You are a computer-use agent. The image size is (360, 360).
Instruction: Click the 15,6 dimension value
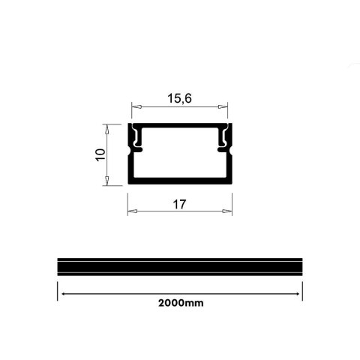pos(179,97)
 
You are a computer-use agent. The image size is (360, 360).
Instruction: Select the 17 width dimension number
pos(179,203)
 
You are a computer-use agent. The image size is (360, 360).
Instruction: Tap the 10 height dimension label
pos(100,154)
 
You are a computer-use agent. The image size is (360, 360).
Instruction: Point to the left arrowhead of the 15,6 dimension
pos(136,107)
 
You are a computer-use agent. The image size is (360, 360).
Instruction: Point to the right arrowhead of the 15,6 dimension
pos(223,107)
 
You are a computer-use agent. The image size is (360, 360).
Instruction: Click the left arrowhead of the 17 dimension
pos(131,211)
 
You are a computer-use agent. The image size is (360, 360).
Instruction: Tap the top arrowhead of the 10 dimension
pos(107,128)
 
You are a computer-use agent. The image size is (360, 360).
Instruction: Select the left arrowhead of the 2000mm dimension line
pos(63,293)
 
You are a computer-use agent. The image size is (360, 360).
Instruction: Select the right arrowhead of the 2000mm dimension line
pos(298,293)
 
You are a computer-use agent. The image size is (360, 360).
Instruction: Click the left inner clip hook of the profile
pos(138,141)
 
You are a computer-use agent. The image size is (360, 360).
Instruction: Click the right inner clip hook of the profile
pos(222,141)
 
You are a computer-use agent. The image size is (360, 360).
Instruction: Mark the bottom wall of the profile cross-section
pos(179,181)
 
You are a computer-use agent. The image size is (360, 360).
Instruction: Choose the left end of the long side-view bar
pos(59,268)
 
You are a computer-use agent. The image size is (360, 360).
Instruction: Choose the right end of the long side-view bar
pos(301,268)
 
